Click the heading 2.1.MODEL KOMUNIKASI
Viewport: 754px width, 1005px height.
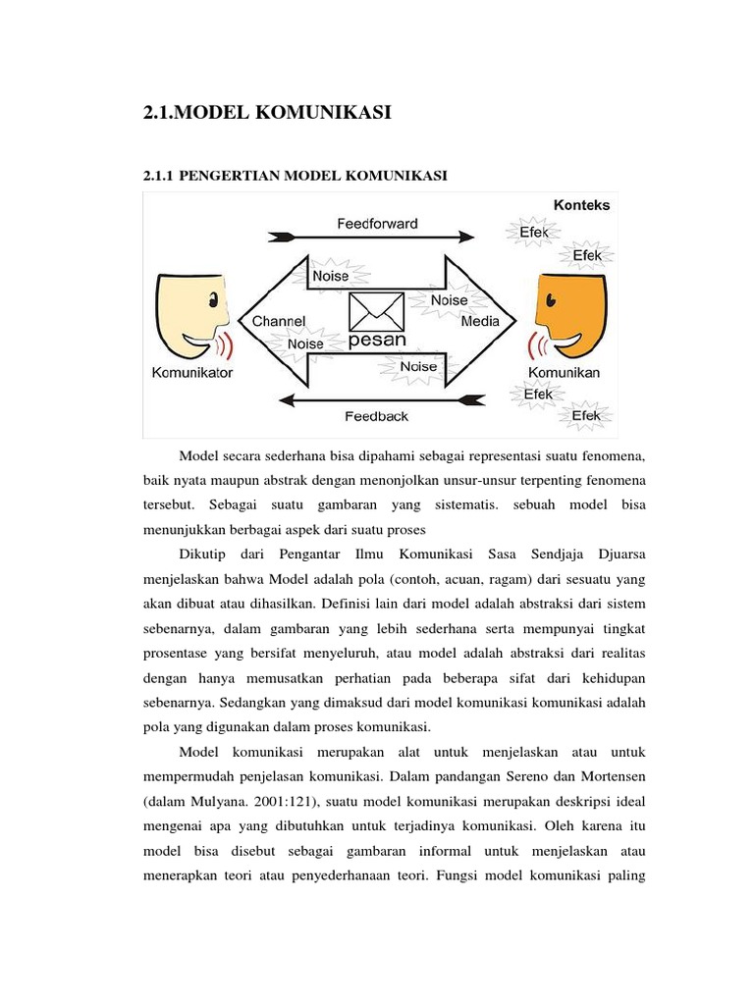267,114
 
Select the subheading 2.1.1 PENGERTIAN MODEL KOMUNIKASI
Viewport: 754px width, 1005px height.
296,176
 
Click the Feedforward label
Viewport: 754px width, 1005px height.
377,223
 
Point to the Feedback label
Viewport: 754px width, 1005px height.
376,416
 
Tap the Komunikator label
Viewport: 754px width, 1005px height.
192,373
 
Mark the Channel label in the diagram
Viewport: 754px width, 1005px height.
280,321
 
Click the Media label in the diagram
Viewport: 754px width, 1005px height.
480,321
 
